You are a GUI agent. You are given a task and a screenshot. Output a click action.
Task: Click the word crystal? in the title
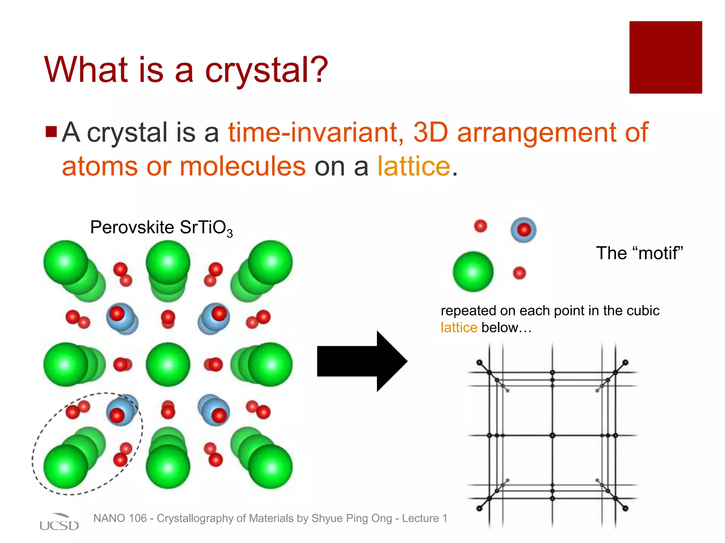[266, 71]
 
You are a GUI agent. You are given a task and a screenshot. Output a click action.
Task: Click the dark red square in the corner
[665, 57]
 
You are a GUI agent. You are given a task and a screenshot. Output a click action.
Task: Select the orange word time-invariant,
[315, 133]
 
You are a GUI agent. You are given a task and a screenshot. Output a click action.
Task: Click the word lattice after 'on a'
[413, 166]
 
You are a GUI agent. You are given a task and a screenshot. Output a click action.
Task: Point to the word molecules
[242, 166]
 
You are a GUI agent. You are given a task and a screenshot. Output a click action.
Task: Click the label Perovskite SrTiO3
[161, 227]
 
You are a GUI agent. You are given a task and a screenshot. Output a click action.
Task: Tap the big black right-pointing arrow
[361, 361]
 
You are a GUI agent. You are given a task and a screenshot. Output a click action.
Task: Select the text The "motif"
[639, 253]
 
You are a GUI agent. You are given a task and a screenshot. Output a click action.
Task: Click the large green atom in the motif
[473, 271]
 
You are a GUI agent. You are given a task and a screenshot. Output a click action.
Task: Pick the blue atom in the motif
[524, 230]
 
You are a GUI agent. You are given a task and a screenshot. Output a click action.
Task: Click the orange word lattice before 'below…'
[459, 328]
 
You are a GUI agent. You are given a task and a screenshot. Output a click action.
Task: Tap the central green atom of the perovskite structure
[168, 364]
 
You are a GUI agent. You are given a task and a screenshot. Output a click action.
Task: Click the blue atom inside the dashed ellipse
[121, 410]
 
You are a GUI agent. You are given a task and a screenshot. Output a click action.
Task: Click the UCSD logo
[59, 522]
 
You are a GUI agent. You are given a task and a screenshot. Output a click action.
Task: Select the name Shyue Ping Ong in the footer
[352, 518]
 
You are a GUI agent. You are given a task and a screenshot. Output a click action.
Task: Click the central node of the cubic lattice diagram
[552, 436]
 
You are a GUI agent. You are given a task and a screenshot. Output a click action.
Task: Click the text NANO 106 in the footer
[120, 518]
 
